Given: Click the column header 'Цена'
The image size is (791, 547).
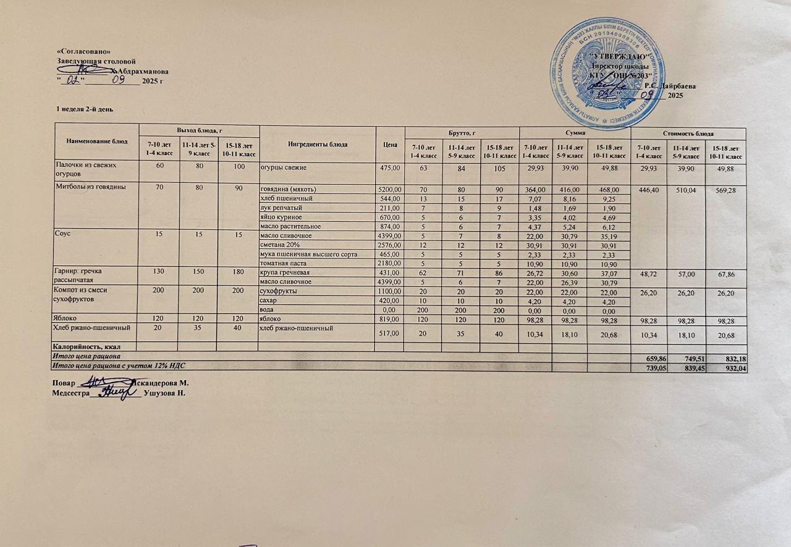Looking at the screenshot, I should click(389, 144).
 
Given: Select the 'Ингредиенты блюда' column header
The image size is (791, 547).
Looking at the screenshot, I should click(318, 144).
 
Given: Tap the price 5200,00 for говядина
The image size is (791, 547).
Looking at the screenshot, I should click(390, 189).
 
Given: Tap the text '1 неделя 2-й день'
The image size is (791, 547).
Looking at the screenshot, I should click(84, 109).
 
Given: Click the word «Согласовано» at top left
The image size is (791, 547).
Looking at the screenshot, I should click(83, 51).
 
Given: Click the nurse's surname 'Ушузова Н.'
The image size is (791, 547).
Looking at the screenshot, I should click(164, 392).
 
